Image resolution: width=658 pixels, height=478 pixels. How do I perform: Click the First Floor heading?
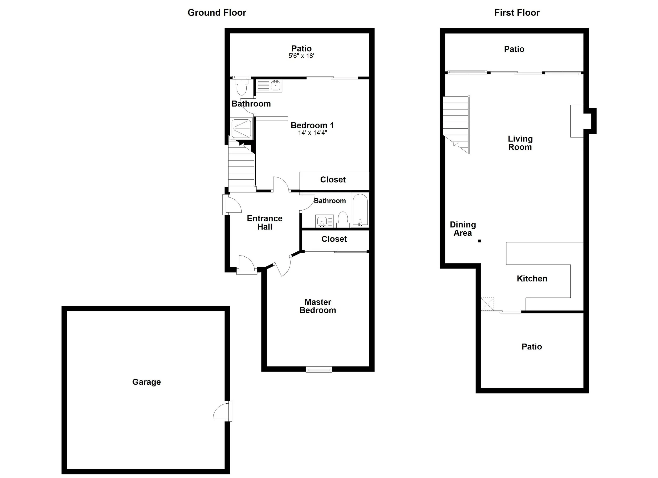[517, 13]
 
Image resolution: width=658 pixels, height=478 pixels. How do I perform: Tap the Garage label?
[146, 382]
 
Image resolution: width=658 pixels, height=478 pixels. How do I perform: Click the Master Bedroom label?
[318, 306]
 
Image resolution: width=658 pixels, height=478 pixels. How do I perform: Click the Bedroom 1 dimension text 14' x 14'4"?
[312, 133]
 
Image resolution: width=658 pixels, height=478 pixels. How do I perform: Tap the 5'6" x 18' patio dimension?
[301, 56]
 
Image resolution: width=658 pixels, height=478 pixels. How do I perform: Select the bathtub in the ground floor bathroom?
[360, 210]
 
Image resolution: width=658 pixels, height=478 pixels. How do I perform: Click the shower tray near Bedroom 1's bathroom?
[241, 128]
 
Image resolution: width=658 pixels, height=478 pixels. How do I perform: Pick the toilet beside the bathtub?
[343, 220]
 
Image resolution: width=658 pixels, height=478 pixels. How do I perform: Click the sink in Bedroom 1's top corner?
[275, 85]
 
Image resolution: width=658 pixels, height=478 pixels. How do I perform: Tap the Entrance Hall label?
[265, 222]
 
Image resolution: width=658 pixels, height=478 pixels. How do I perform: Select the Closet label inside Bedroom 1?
[333, 180]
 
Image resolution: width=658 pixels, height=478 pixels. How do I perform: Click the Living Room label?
[520, 143]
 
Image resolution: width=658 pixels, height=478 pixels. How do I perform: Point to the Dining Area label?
[463, 229]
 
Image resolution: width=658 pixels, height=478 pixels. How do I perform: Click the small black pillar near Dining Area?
[480, 241]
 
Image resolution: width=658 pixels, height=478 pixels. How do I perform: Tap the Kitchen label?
[532, 278]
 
